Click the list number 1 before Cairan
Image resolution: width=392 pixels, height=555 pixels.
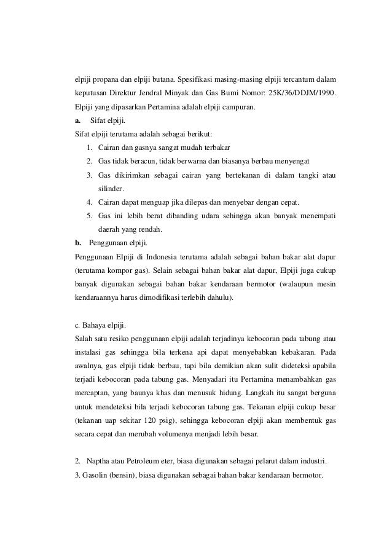point(90,148)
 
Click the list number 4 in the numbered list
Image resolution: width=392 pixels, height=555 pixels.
point(90,202)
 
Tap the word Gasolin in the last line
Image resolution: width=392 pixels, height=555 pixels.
point(93,474)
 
